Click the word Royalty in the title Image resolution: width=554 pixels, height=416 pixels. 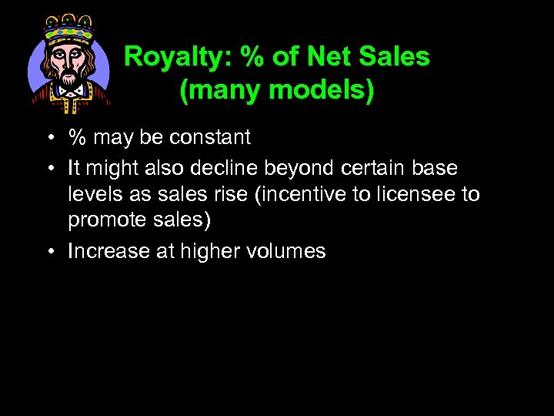(168, 57)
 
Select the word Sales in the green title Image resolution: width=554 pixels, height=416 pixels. (395, 57)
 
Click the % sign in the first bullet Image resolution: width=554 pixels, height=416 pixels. (77, 138)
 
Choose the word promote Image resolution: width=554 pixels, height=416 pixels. (104, 221)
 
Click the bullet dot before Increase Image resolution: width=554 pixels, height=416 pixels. (48, 251)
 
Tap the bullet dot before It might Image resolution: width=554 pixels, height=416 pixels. (48, 168)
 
